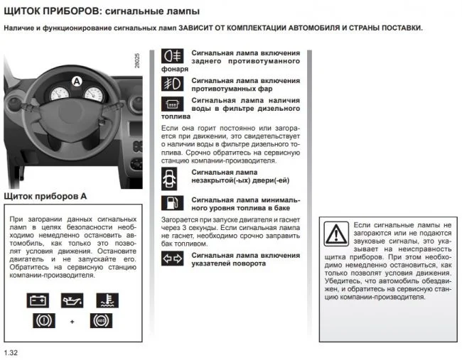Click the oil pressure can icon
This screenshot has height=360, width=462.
click(x=72, y=300)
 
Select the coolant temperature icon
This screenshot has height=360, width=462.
click(x=107, y=300)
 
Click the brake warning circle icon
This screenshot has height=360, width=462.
click(x=44, y=321)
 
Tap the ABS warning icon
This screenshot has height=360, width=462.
click(x=101, y=321)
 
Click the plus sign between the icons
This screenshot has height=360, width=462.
click(x=72, y=322)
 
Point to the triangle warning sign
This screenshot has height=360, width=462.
click(x=335, y=233)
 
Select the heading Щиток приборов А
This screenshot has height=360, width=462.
click(x=45, y=195)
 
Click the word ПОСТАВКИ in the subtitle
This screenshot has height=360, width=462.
click(x=398, y=28)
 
